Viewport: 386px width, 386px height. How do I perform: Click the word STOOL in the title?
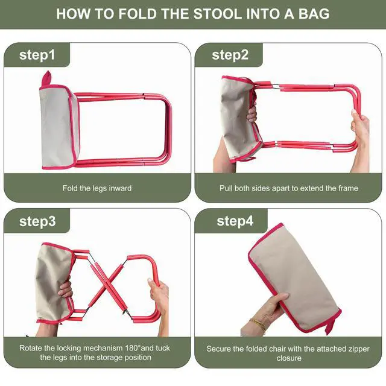217,14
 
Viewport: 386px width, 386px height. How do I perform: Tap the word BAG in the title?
314,14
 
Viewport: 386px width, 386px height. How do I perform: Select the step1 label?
37,55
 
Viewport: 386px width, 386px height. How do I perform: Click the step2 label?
230,55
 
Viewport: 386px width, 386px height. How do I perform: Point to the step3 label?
37,221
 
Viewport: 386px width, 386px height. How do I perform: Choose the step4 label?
235,221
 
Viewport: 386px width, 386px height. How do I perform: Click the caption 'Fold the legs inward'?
97,188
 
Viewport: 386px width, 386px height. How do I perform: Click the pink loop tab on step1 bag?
46,78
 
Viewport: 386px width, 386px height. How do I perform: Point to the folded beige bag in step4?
294,277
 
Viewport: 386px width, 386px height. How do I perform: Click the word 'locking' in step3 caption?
69,348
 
